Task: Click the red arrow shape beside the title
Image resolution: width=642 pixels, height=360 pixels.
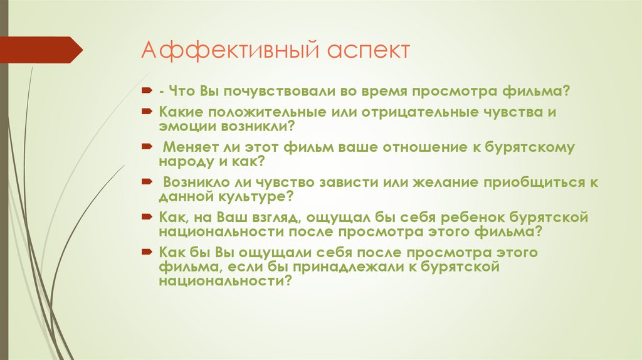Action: tap(41, 50)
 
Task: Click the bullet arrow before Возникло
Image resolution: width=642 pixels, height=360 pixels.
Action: tap(145, 183)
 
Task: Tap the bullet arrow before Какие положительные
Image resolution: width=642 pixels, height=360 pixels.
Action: tap(145, 112)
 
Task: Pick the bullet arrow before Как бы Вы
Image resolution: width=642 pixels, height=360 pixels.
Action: tap(145, 253)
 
